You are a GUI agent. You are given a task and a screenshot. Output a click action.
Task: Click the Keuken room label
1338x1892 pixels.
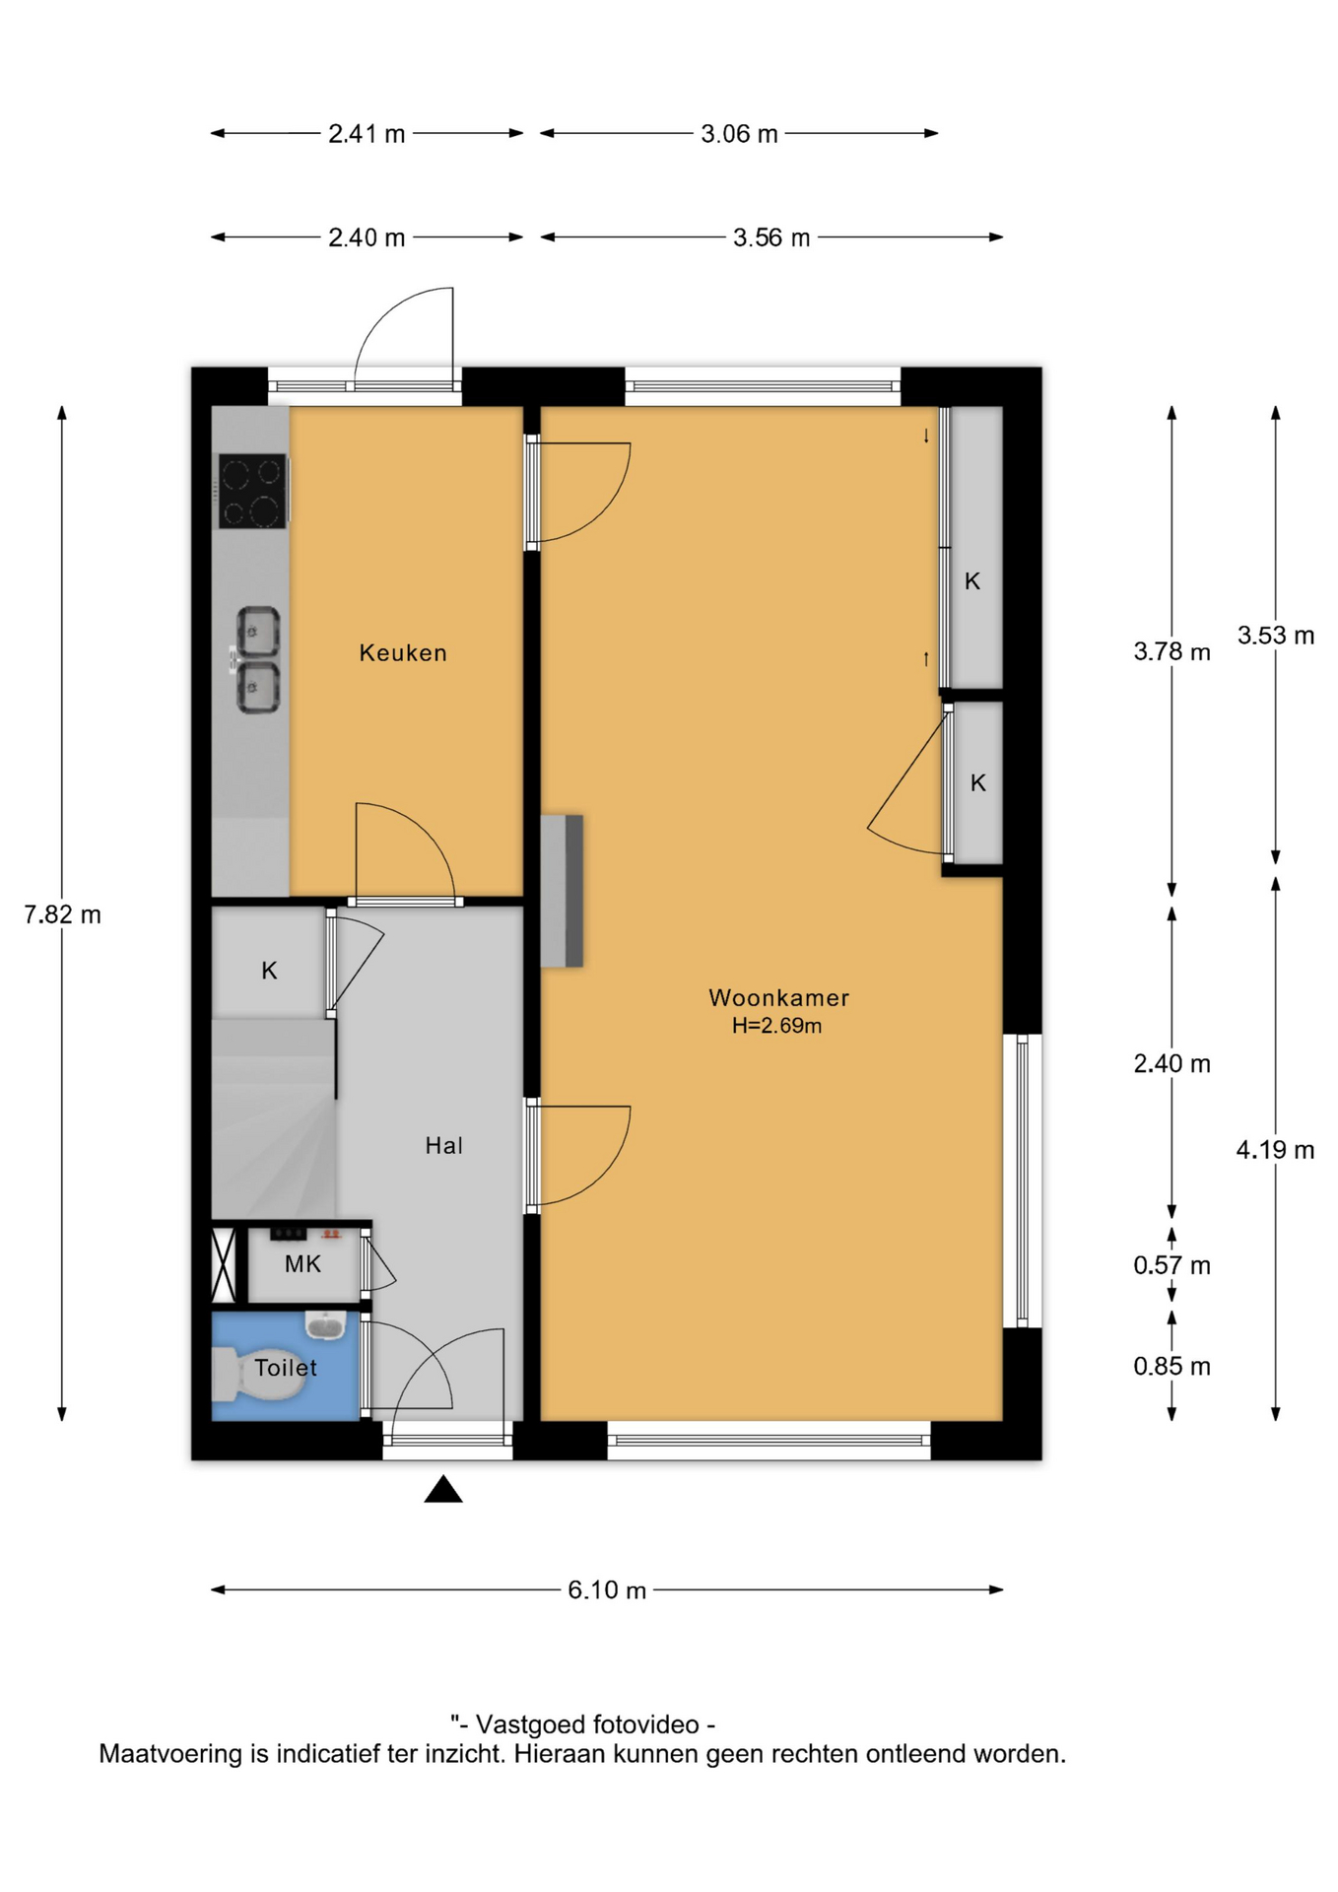pyautogui.click(x=403, y=652)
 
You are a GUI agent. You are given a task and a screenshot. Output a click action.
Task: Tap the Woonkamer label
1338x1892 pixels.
pyautogui.click(x=778, y=997)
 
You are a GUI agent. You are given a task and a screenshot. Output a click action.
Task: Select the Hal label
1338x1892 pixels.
pyautogui.click(x=444, y=1145)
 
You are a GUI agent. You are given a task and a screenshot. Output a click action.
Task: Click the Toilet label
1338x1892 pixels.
pyautogui.click(x=286, y=1368)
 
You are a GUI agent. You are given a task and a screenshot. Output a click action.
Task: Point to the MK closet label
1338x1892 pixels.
pyautogui.click(x=302, y=1264)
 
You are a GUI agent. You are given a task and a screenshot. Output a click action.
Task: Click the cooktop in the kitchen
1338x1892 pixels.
pyautogui.click(x=252, y=491)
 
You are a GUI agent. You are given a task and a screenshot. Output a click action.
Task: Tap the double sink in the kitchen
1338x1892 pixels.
pyautogui.click(x=257, y=659)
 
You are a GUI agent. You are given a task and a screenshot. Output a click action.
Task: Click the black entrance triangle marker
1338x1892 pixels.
pyautogui.click(x=443, y=1489)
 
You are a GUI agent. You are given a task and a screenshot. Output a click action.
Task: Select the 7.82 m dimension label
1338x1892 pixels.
pyautogui.click(x=62, y=914)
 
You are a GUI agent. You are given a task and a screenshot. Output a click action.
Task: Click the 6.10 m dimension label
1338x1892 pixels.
pyautogui.click(x=607, y=1589)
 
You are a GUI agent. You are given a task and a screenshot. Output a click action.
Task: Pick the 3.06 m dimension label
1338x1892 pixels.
pyautogui.click(x=739, y=134)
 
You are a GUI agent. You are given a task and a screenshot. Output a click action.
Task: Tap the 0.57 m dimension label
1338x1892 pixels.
pyautogui.click(x=1171, y=1265)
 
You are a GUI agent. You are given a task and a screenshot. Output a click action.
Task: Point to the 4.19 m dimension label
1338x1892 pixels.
pyautogui.click(x=1275, y=1150)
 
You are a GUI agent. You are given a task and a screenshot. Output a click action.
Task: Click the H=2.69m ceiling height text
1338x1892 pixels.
pyautogui.click(x=776, y=1026)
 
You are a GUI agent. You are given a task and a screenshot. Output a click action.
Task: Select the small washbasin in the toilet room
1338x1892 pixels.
pyautogui.click(x=325, y=1325)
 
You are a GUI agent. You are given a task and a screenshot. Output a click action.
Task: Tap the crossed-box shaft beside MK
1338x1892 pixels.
pyautogui.click(x=225, y=1263)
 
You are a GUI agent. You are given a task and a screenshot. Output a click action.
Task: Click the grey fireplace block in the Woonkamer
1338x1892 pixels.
pyautogui.click(x=562, y=891)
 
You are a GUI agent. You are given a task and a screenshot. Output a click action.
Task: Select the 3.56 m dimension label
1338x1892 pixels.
pyautogui.click(x=771, y=237)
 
